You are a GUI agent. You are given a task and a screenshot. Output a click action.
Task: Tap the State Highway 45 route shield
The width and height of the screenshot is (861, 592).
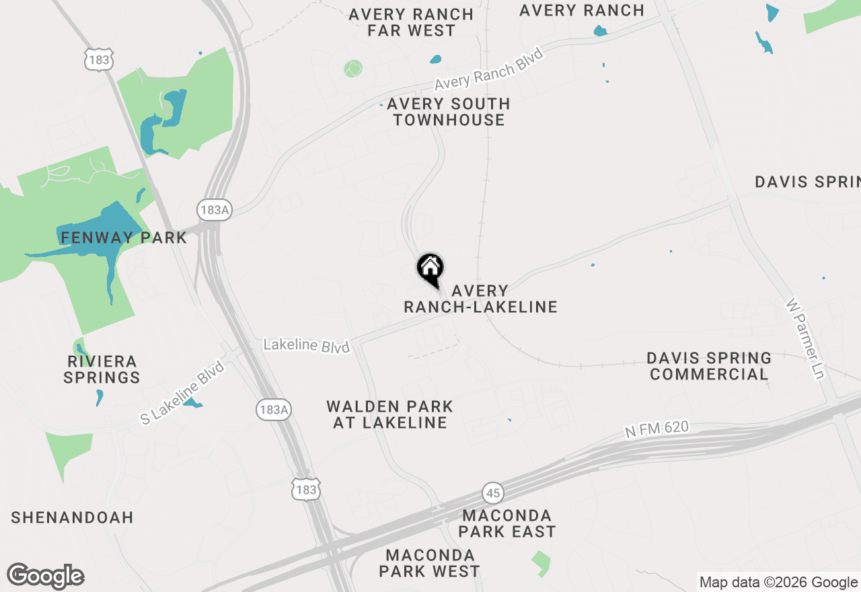click(x=493, y=493)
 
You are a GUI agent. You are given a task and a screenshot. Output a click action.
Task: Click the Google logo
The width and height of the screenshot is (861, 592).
click(x=45, y=577)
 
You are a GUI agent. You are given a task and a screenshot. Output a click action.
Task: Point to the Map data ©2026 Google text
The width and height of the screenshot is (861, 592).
click(x=778, y=583)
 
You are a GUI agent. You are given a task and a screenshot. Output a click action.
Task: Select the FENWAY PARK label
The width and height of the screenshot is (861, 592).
click(x=124, y=237)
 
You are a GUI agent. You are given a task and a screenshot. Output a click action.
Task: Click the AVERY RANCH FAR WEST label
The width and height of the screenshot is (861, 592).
click(x=411, y=22)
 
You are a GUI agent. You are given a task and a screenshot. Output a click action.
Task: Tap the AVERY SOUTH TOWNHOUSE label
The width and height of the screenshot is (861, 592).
click(x=449, y=112)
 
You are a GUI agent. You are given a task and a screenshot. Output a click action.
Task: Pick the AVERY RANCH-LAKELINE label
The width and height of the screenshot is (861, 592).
click(x=480, y=299)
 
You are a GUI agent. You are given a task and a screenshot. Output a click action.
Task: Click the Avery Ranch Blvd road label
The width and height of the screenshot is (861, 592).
click(x=489, y=69)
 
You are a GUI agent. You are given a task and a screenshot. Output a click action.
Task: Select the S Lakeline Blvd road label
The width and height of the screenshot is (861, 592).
click(x=182, y=393)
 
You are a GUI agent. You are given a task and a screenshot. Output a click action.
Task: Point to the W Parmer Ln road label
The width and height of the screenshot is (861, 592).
click(x=805, y=338)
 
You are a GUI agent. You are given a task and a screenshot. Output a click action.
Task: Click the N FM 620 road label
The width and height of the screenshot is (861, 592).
click(x=657, y=429)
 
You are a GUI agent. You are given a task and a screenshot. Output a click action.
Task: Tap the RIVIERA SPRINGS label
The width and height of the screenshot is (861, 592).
click(x=102, y=369)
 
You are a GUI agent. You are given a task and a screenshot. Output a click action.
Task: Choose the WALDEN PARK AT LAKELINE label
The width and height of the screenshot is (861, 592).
click(x=390, y=414)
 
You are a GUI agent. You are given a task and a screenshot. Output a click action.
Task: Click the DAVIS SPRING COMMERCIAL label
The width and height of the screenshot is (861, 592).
click(x=709, y=366)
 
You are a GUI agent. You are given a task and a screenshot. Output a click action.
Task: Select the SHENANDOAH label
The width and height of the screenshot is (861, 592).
click(x=72, y=517)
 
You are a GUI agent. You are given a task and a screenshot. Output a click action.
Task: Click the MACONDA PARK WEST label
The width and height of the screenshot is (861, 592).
click(x=429, y=564)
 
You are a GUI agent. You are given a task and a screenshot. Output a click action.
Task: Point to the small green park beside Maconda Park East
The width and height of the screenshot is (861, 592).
click(x=540, y=562)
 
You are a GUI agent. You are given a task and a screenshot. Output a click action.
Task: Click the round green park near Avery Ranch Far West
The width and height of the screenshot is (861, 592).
click(x=352, y=68)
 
